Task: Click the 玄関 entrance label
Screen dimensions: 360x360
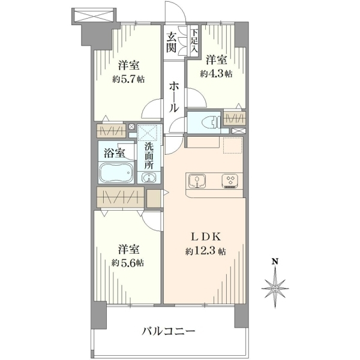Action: pyautogui.click(x=172, y=43)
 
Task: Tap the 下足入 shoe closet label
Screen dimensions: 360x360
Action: pyautogui.click(x=194, y=41)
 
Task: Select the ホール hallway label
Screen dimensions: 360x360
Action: pyautogui.click(x=174, y=97)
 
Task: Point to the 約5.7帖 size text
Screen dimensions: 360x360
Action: pyautogui.click(x=128, y=79)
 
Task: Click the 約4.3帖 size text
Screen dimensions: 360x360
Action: pyautogui.click(x=216, y=74)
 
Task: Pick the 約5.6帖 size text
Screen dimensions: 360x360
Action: pyautogui.click(x=128, y=263)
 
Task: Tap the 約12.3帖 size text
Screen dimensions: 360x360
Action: pyautogui.click(x=205, y=251)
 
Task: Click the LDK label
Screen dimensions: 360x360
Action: pyautogui.click(x=206, y=237)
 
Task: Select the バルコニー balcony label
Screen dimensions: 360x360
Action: pyautogui.click(x=168, y=331)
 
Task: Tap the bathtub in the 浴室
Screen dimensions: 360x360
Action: pyautogui.click(x=116, y=172)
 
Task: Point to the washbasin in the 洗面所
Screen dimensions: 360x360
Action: pyautogui.click(x=149, y=177)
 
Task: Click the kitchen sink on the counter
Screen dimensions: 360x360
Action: pyautogui.click(x=197, y=181)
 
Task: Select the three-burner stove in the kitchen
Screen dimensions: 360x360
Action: pyautogui.click(x=230, y=181)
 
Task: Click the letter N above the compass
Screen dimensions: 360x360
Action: pyautogui.click(x=274, y=262)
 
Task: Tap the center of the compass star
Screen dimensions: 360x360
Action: pyautogui.click(x=275, y=289)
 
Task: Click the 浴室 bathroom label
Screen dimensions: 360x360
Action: pyautogui.click(x=114, y=153)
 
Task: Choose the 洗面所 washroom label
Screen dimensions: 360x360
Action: pyautogui.click(x=149, y=156)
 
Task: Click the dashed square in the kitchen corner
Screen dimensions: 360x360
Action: pyautogui.click(x=233, y=145)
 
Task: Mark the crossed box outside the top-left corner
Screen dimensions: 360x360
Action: pyautogui.click(x=95, y=15)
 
